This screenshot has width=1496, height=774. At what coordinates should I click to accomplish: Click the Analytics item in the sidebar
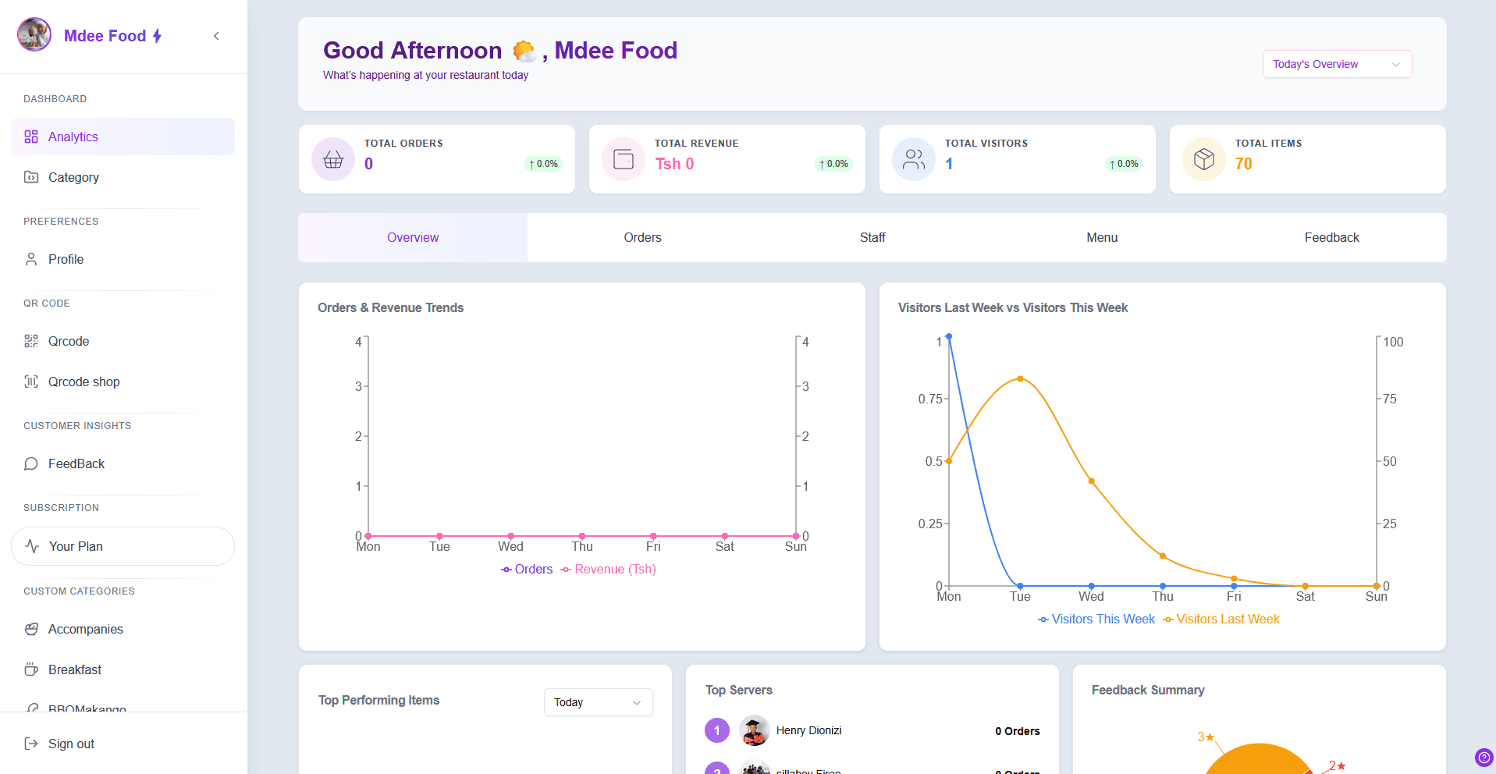tap(73, 137)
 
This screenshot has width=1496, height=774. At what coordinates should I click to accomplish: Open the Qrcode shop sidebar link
tap(84, 382)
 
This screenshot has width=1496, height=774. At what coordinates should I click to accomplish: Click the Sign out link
tap(70, 744)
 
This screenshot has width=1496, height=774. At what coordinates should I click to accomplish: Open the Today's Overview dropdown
tap(1336, 64)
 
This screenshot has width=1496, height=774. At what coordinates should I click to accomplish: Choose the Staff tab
tap(872, 237)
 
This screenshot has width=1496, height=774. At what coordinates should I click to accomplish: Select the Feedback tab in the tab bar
tap(1331, 237)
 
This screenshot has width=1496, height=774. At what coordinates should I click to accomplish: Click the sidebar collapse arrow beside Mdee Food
tap(216, 36)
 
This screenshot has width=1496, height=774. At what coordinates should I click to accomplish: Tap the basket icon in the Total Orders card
tap(333, 159)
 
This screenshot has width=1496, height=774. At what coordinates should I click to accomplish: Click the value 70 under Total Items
tap(1243, 164)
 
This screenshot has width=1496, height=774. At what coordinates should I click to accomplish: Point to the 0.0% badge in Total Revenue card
tap(833, 164)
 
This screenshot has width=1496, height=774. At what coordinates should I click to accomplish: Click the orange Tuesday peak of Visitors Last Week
tap(1020, 379)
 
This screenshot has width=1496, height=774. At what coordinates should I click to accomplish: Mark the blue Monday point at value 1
tap(948, 337)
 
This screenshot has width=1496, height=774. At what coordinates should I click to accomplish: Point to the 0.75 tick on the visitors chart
tap(930, 399)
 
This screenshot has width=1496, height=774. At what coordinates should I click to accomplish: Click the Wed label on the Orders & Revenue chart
tap(510, 547)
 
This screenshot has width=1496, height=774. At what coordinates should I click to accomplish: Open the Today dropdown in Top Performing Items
tap(598, 702)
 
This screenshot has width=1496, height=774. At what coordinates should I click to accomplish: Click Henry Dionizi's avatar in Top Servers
tap(754, 730)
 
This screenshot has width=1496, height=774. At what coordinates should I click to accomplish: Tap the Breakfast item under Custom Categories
tap(75, 669)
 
